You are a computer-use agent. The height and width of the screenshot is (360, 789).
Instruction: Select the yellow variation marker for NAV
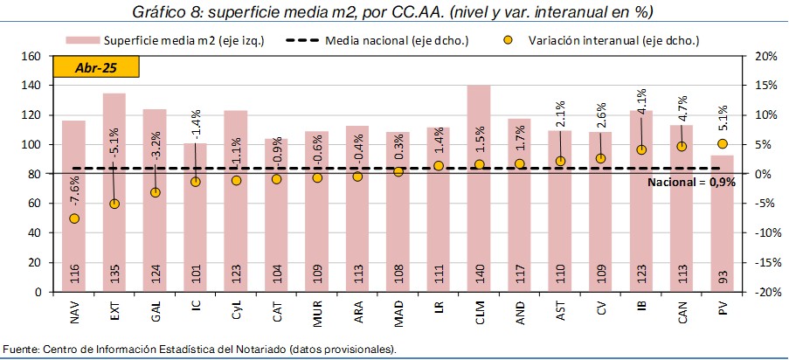[74, 218]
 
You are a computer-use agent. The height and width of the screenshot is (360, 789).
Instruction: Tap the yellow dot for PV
[722, 144]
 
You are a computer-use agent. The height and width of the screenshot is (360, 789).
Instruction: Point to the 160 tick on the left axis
[31, 56]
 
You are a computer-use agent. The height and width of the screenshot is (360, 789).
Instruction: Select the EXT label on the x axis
[114, 311]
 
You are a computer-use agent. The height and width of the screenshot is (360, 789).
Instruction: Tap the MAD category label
[398, 312]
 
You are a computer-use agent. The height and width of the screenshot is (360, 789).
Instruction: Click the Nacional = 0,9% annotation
[691, 183]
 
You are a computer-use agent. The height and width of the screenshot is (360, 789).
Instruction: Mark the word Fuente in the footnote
[22, 350]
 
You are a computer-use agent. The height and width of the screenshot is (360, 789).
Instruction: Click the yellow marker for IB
[640, 149]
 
